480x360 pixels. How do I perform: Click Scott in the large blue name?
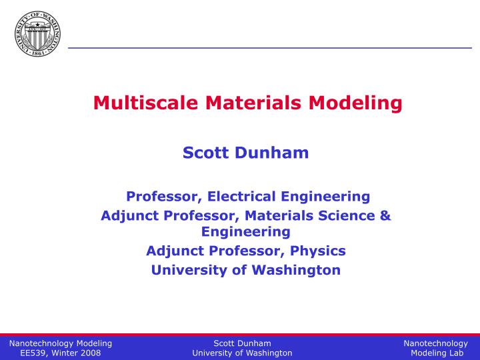pos(205,153)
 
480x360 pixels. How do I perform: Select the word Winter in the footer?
pos(65,353)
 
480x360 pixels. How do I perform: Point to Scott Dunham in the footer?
pos(242,343)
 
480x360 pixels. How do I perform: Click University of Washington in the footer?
pos(242,353)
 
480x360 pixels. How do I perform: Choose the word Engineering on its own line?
pos(246,232)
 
